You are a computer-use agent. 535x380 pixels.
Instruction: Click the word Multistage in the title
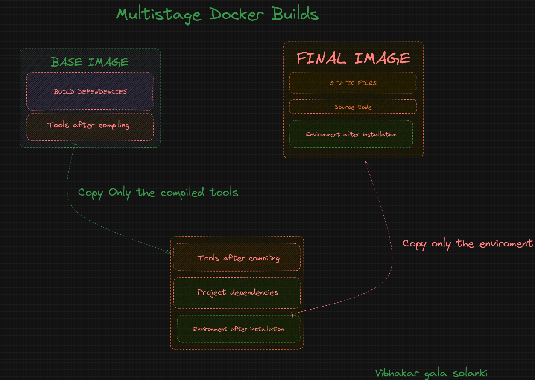pos(158,15)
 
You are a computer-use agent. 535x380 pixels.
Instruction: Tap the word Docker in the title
pos(237,14)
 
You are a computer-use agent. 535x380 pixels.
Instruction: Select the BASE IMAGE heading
pos(90,62)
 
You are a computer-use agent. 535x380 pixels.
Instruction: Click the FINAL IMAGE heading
pos(353,58)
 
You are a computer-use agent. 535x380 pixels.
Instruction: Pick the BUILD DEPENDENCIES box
pos(90,91)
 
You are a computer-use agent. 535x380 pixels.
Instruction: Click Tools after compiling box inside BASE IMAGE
pos(90,127)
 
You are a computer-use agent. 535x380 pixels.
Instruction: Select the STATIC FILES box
pos(353,83)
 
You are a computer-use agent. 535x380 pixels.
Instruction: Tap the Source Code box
pos(353,106)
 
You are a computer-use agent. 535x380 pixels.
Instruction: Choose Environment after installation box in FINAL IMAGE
pos(351,134)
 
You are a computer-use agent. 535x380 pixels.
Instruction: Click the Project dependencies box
pos(237,293)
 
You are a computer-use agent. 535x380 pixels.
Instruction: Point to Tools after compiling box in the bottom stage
pos(237,257)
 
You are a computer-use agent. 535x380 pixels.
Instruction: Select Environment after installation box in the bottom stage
pos(238,329)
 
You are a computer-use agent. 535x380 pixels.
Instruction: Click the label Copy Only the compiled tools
pos(158,193)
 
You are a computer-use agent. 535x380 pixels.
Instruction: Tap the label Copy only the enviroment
pos(468,244)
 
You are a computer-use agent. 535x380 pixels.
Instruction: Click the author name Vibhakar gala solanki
pos(431,373)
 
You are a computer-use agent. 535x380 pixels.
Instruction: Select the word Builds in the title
pos(295,13)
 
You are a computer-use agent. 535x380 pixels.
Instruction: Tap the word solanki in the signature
pos(470,373)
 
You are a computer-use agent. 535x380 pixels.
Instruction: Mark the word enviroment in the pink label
pos(506,243)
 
